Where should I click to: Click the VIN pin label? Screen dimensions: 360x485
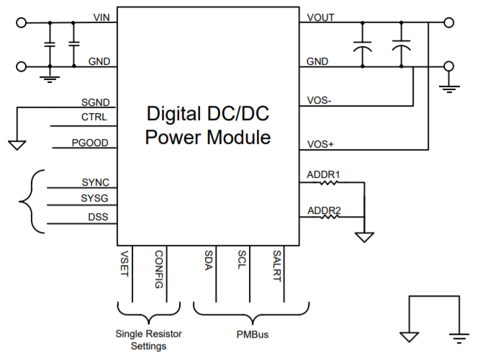101,17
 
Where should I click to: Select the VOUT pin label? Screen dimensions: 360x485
320,17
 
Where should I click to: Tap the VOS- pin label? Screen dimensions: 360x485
319,101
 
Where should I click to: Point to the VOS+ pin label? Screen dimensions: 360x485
320,144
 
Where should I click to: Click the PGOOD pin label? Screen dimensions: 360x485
90,143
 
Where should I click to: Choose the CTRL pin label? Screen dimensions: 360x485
95,117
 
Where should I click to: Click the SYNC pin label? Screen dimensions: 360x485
95,183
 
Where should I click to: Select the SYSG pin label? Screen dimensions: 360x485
95,198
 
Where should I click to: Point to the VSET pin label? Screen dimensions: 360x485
124,262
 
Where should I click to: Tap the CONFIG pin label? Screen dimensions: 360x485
159,269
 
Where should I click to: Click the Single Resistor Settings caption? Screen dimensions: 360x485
149,340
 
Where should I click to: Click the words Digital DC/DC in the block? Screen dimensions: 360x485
208,114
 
